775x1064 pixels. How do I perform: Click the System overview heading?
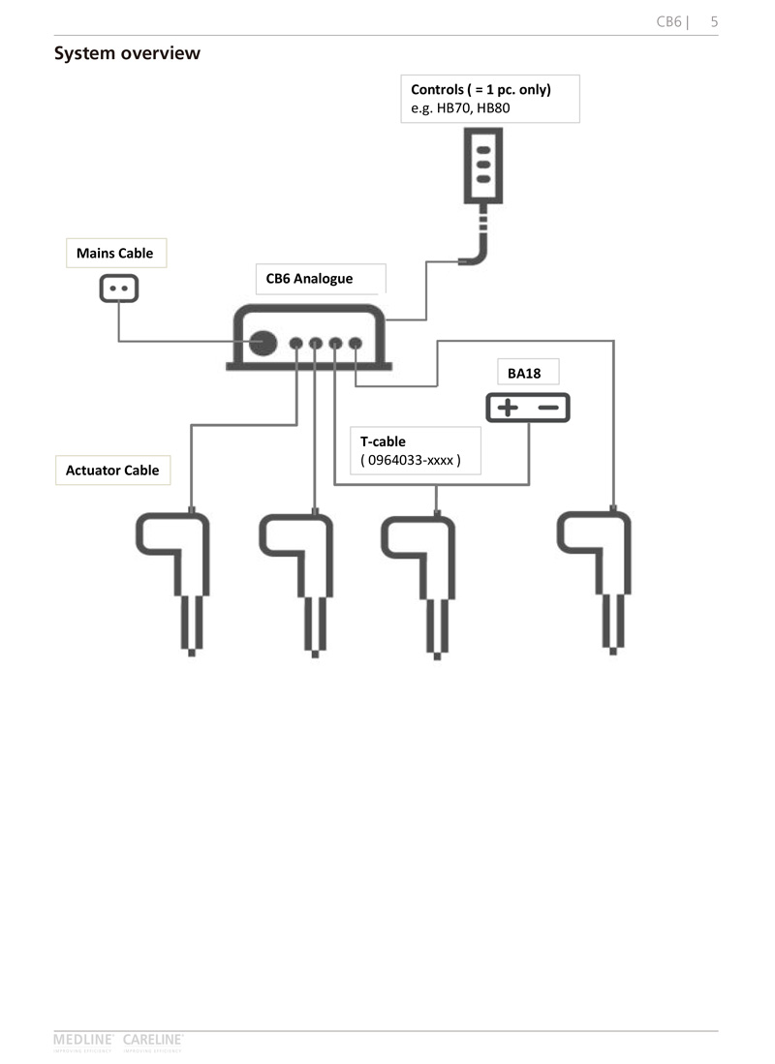(127, 53)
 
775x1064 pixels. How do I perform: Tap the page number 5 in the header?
(713, 21)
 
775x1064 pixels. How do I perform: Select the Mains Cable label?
(114, 254)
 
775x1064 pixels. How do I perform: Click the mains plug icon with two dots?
(119, 289)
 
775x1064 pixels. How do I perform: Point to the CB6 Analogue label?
(309, 279)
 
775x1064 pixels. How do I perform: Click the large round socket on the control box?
(263, 343)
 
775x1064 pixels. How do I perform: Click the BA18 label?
(524, 373)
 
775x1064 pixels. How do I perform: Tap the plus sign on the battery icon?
(507, 408)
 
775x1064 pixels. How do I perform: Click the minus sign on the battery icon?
(549, 408)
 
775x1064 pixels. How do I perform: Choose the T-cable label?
(383, 441)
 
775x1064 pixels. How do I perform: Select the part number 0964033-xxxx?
(410, 461)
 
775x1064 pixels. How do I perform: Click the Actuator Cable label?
(111, 471)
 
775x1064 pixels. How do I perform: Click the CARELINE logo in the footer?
(153, 1040)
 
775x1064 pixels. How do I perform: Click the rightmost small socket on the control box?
(356, 343)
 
